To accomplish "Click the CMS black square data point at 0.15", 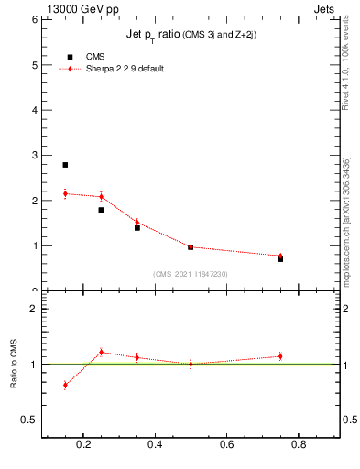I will [65, 165].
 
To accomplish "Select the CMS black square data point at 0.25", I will [101, 210].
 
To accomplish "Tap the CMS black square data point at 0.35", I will [136, 227].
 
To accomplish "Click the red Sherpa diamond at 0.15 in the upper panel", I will [65, 193].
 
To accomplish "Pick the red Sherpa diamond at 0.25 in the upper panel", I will [101, 196].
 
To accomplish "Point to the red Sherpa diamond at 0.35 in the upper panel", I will [136, 222].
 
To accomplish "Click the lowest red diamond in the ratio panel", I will [65, 385].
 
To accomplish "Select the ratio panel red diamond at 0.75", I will [280, 356].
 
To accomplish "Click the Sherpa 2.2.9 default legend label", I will [125, 69].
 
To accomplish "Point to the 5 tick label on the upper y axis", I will [34, 65].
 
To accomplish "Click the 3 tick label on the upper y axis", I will [34, 156].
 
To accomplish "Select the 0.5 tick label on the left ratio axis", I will [30, 420].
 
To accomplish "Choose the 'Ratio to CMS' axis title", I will [15, 365].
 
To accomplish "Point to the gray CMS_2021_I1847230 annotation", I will [191, 273].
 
